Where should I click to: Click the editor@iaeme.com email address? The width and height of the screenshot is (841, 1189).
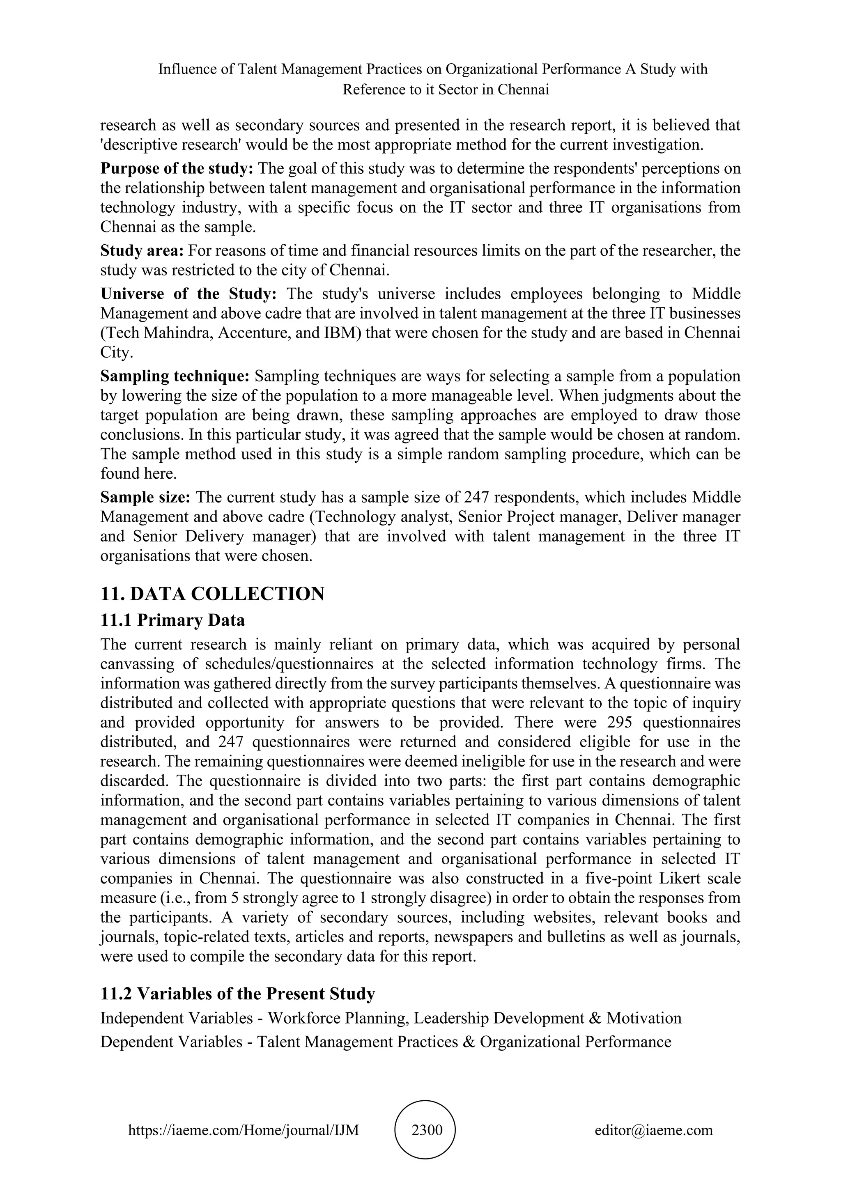pos(653,1130)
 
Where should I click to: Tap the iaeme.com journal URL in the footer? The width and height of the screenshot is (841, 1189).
pos(244,1130)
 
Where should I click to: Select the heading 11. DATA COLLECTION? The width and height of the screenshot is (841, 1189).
pos(212,593)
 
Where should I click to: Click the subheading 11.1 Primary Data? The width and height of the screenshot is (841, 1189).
pos(172,620)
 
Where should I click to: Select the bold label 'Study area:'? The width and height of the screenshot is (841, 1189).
pos(142,250)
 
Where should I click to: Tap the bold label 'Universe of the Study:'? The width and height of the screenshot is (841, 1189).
pos(188,294)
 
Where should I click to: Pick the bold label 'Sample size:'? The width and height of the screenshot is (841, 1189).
pos(145,497)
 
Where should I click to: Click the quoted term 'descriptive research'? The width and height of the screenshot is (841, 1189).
pos(170,145)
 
